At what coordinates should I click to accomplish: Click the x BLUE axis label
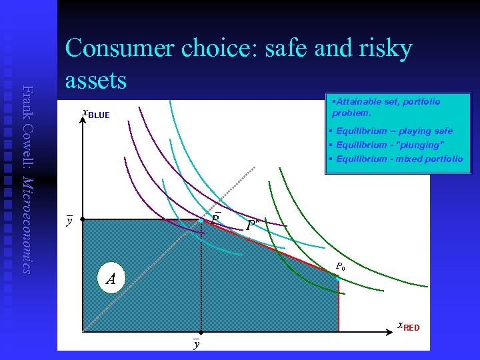(95, 114)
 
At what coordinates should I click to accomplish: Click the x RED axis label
(408, 327)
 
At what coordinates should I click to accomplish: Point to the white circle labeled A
(110, 278)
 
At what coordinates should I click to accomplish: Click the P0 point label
(340, 267)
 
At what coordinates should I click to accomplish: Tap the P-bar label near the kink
(215, 218)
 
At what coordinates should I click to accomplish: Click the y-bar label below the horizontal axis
(196, 343)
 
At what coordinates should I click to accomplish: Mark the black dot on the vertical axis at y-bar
(82, 219)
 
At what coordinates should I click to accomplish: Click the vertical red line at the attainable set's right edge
(339, 307)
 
